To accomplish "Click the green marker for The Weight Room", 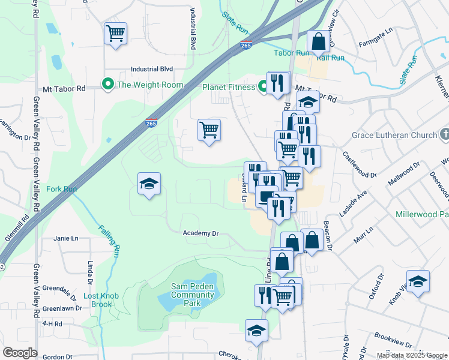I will (108, 85).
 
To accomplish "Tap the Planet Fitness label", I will (229, 87).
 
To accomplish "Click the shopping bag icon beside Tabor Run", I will (319, 41).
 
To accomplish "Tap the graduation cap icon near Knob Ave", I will (417, 281).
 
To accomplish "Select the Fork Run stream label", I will (62, 189).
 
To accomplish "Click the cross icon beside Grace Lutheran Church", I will (444, 134).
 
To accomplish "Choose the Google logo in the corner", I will (20, 353).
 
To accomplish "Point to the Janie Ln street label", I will (66, 238).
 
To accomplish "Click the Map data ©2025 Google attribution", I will (411, 355).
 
